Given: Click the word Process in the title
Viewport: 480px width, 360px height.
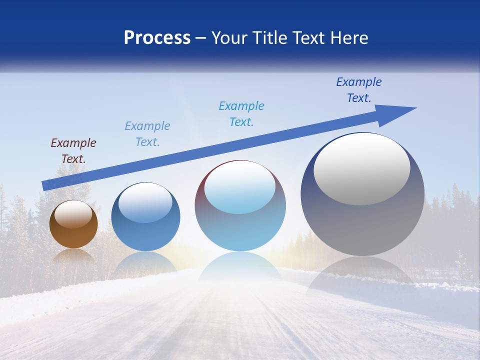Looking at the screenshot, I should (x=157, y=38).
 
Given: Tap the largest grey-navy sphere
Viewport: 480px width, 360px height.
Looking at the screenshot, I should (x=362, y=220).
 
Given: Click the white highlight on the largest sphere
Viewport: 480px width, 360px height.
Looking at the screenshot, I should (x=361, y=169).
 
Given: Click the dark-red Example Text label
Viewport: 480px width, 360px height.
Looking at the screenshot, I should (x=73, y=151).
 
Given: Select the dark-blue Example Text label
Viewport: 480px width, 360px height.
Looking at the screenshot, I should (x=358, y=90).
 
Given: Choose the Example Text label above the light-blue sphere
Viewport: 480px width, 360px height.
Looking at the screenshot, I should (x=241, y=114).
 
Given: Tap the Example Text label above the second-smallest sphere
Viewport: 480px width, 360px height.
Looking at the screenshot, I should (x=147, y=134).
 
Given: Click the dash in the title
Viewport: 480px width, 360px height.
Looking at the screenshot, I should (x=201, y=38).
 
